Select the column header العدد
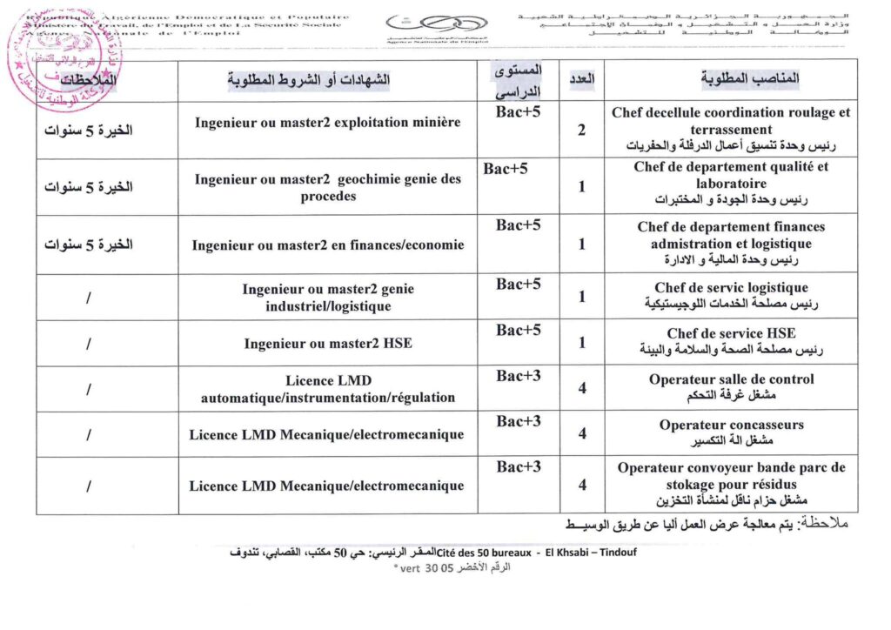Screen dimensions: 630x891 pos(581,78)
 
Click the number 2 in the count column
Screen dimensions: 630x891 pos(581,131)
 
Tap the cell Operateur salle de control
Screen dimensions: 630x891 pos(731,379)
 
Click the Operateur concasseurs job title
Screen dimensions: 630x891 pos(731,426)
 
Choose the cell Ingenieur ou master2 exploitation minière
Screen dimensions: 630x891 pos(327,123)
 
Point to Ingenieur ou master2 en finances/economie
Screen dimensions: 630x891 pos(327,245)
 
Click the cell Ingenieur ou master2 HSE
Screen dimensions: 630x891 pos(327,344)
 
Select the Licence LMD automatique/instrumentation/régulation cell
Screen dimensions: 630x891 pos(327,389)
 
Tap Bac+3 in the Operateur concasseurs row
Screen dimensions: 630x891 pos(519,422)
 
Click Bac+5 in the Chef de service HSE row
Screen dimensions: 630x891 pos(519,331)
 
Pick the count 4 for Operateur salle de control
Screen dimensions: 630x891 pos(581,387)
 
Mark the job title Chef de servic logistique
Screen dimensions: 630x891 pos(731,287)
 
